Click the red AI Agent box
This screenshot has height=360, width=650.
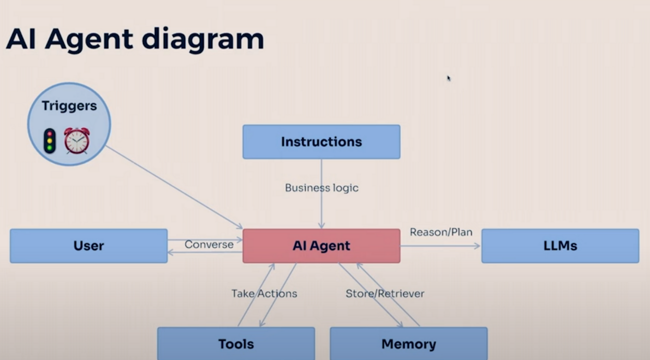pos(321,246)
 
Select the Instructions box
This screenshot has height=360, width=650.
pos(321,142)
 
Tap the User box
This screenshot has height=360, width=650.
pos(89,246)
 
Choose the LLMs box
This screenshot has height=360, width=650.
pos(560,246)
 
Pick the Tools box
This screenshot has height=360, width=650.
pos(236,344)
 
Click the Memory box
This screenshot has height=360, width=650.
pos(409,344)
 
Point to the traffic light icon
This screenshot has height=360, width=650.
pos(50,141)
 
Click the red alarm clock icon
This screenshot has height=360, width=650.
pos(77,140)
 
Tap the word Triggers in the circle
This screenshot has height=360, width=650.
pos(69,106)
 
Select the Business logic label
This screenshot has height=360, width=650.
pos(321,188)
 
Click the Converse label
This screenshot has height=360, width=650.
pos(209,245)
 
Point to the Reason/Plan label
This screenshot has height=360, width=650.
pos(441,232)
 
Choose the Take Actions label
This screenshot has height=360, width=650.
pos(264,294)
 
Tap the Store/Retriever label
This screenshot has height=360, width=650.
pos(385,294)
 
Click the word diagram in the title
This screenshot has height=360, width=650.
pos(203,40)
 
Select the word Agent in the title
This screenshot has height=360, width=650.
pos(89,40)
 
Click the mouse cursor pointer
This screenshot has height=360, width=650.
pos(449,78)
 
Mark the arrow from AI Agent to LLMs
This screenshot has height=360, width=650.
pos(440,246)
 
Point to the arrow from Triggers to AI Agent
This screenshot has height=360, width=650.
pos(174,187)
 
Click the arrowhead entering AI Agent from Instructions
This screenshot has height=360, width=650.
pos(321,225)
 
